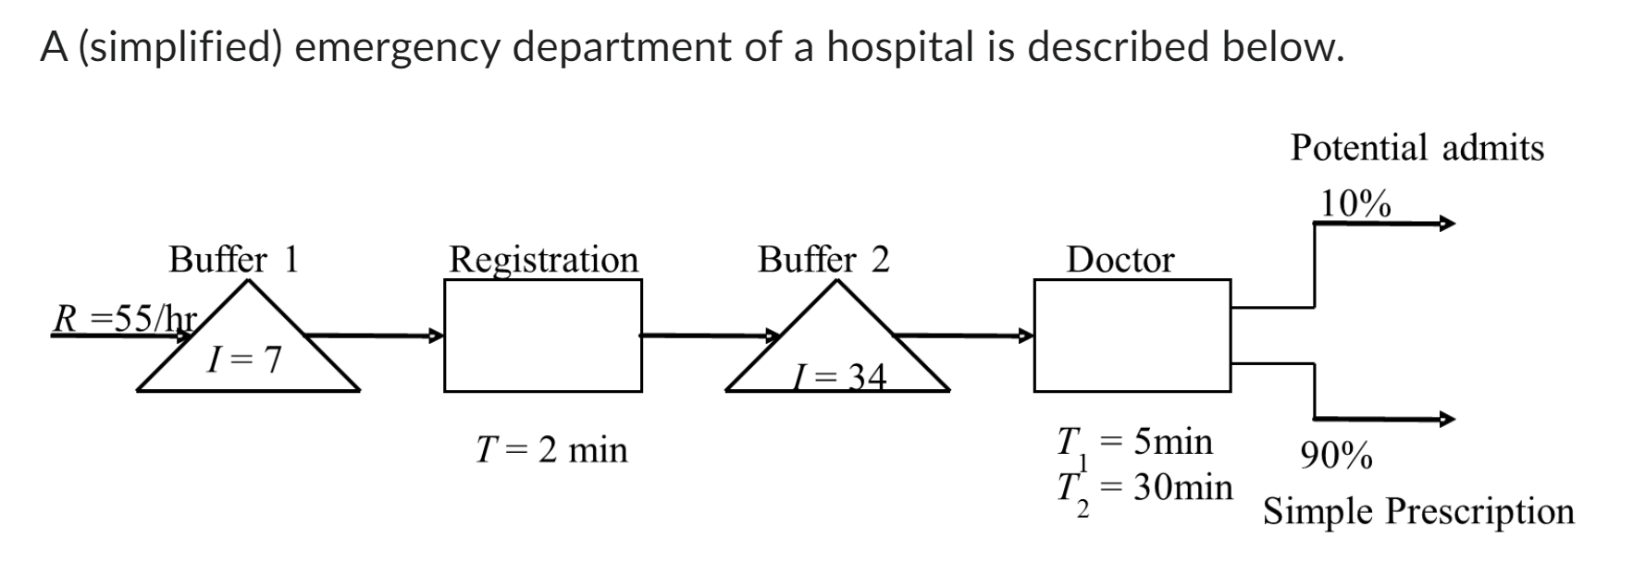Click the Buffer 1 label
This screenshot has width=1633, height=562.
pos(233,260)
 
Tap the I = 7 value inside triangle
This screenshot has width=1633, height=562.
pos(243,360)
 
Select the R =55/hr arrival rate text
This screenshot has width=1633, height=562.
pos(124,320)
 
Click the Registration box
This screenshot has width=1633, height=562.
pos(542,336)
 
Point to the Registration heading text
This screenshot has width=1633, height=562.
pos(543,260)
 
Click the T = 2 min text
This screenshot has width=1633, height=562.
pos(551,450)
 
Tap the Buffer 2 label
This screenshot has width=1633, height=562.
pos(823,260)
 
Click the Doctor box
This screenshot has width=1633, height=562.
pos(1132,336)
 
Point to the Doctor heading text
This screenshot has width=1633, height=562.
pos(1120,260)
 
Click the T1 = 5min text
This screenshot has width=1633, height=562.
pos(1134,442)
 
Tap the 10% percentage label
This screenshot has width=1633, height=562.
pos(1355,203)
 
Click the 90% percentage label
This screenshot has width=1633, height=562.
pos(1336,456)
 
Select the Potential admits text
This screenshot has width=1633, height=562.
pos(1417,148)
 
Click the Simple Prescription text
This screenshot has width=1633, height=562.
pos(1418,511)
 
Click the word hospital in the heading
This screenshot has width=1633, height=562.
pos(897,46)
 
